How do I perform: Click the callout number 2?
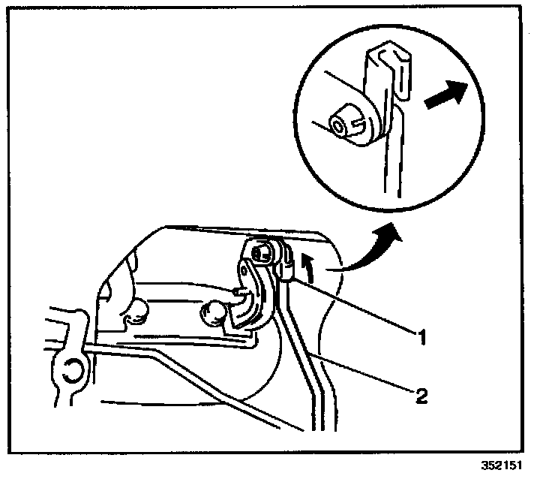coord(422,395)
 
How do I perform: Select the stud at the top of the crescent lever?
coord(260,253)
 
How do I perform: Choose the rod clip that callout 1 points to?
coord(286,267)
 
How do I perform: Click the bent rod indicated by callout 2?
coord(304,353)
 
